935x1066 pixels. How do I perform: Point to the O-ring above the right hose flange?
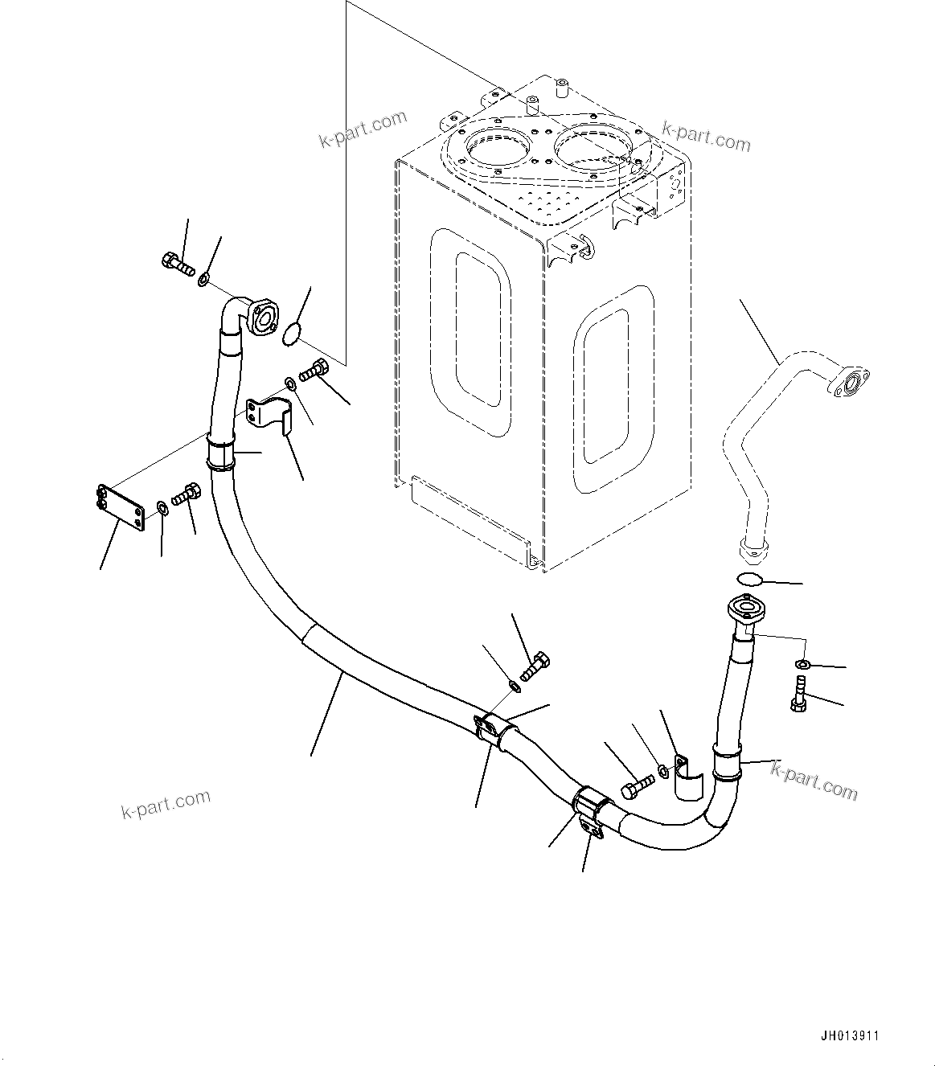[749, 580]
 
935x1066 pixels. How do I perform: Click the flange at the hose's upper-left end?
[262, 317]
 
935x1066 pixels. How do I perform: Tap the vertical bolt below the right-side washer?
[799, 693]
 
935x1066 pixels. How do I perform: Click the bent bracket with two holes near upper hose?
[272, 412]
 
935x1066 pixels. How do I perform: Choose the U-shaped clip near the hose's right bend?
[687, 777]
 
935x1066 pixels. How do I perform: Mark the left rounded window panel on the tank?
[471, 330]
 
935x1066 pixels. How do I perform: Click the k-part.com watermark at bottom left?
[166, 803]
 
